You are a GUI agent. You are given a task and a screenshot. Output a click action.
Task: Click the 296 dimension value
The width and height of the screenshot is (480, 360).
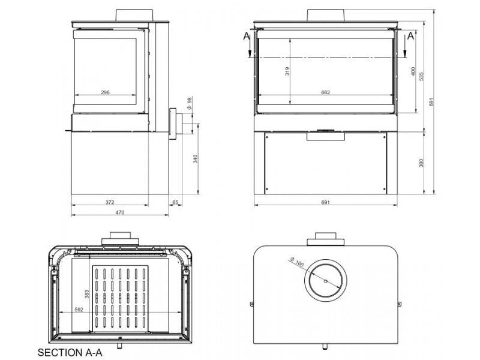[x=105, y=92]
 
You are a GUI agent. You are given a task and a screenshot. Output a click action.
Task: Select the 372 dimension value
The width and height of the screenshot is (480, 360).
[x=110, y=202]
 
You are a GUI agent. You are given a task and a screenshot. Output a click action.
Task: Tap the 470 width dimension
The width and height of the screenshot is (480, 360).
[x=120, y=212]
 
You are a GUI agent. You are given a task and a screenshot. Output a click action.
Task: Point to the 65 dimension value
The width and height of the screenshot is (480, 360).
[x=175, y=202]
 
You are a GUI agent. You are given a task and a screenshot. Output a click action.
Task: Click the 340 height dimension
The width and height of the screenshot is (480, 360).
[x=196, y=159]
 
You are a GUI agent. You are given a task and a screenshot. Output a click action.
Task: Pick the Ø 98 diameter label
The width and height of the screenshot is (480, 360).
[x=189, y=103]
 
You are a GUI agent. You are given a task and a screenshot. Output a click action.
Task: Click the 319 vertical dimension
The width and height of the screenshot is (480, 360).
[x=287, y=71]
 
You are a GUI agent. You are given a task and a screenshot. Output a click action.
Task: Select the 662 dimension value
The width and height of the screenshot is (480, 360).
[x=326, y=92]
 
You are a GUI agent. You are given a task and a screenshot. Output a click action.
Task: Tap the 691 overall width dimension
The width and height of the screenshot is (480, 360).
[x=326, y=202]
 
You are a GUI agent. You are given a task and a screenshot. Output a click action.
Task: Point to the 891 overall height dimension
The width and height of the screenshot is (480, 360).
[x=431, y=102]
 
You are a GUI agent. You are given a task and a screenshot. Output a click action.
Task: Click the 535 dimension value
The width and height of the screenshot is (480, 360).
[x=421, y=76]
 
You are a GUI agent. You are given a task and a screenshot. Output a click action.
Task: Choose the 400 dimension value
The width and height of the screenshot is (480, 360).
[x=413, y=71]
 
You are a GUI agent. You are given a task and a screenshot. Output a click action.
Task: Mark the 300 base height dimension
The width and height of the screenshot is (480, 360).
[x=421, y=163]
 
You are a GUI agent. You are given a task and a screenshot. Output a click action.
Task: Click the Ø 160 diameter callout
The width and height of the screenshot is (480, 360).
[x=296, y=262]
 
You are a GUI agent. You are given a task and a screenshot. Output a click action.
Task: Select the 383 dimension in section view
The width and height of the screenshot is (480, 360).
[x=87, y=294]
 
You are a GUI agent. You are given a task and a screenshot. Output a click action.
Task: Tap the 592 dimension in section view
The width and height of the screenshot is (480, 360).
[x=79, y=310]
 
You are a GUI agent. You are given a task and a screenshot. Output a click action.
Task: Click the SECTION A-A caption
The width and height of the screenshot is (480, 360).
[x=70, y=352]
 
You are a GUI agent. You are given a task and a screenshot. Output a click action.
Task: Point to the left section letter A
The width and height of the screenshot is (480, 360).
[x=247, y=36]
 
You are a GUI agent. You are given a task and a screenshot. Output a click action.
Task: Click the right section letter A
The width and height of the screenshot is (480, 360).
[x=410, y=36]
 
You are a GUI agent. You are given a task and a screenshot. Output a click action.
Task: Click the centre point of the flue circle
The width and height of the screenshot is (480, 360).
[x=326, y=281]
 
